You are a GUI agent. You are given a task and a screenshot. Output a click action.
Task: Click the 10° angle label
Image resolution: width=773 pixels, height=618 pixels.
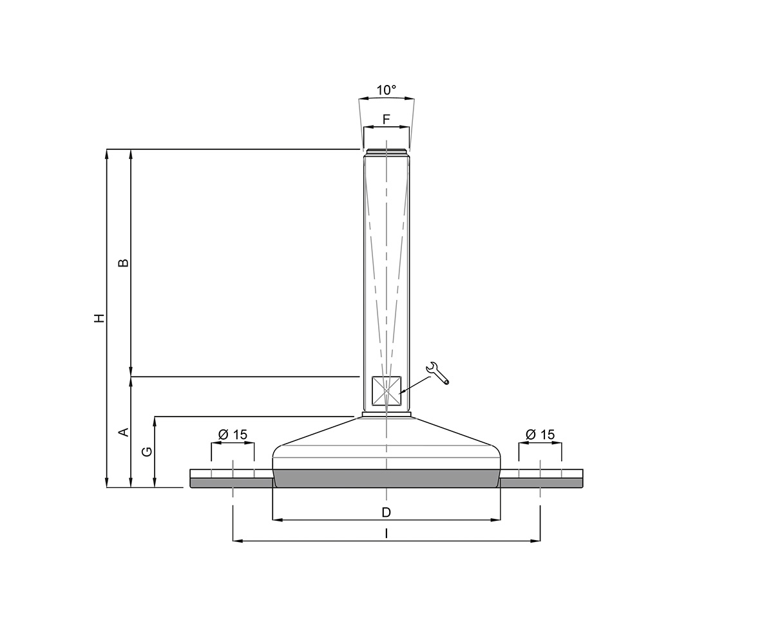click(386, 90)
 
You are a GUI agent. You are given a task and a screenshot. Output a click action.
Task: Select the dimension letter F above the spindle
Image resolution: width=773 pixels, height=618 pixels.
click(386, 119)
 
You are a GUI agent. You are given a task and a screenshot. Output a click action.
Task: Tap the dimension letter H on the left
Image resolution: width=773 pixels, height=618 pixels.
click(99, 318)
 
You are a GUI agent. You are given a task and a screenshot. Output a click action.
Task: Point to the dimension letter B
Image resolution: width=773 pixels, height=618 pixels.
click(124, 263)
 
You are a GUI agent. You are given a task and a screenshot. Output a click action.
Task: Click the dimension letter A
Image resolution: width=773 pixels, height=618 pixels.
click(124, 432)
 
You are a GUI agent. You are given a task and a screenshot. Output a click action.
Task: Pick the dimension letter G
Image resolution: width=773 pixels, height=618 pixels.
click(148, 452)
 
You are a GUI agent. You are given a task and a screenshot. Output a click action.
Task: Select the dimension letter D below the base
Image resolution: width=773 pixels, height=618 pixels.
click(386, 512)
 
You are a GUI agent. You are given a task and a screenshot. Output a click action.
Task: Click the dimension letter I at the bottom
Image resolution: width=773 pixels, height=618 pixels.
click(386, 534)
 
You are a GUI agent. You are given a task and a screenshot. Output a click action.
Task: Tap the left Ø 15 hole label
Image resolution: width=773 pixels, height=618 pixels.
click(233, 435)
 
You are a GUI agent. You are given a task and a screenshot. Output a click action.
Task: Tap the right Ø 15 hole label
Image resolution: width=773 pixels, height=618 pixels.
click(540, 435)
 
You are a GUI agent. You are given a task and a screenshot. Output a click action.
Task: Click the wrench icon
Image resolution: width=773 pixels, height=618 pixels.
click(438, 373)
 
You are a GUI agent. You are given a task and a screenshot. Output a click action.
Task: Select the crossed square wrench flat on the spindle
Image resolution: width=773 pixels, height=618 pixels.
click(386, 391)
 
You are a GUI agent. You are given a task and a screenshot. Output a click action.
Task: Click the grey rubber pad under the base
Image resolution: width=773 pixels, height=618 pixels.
click(386, 478)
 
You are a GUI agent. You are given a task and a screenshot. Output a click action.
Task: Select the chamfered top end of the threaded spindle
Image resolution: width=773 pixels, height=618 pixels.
click(386, 153)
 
